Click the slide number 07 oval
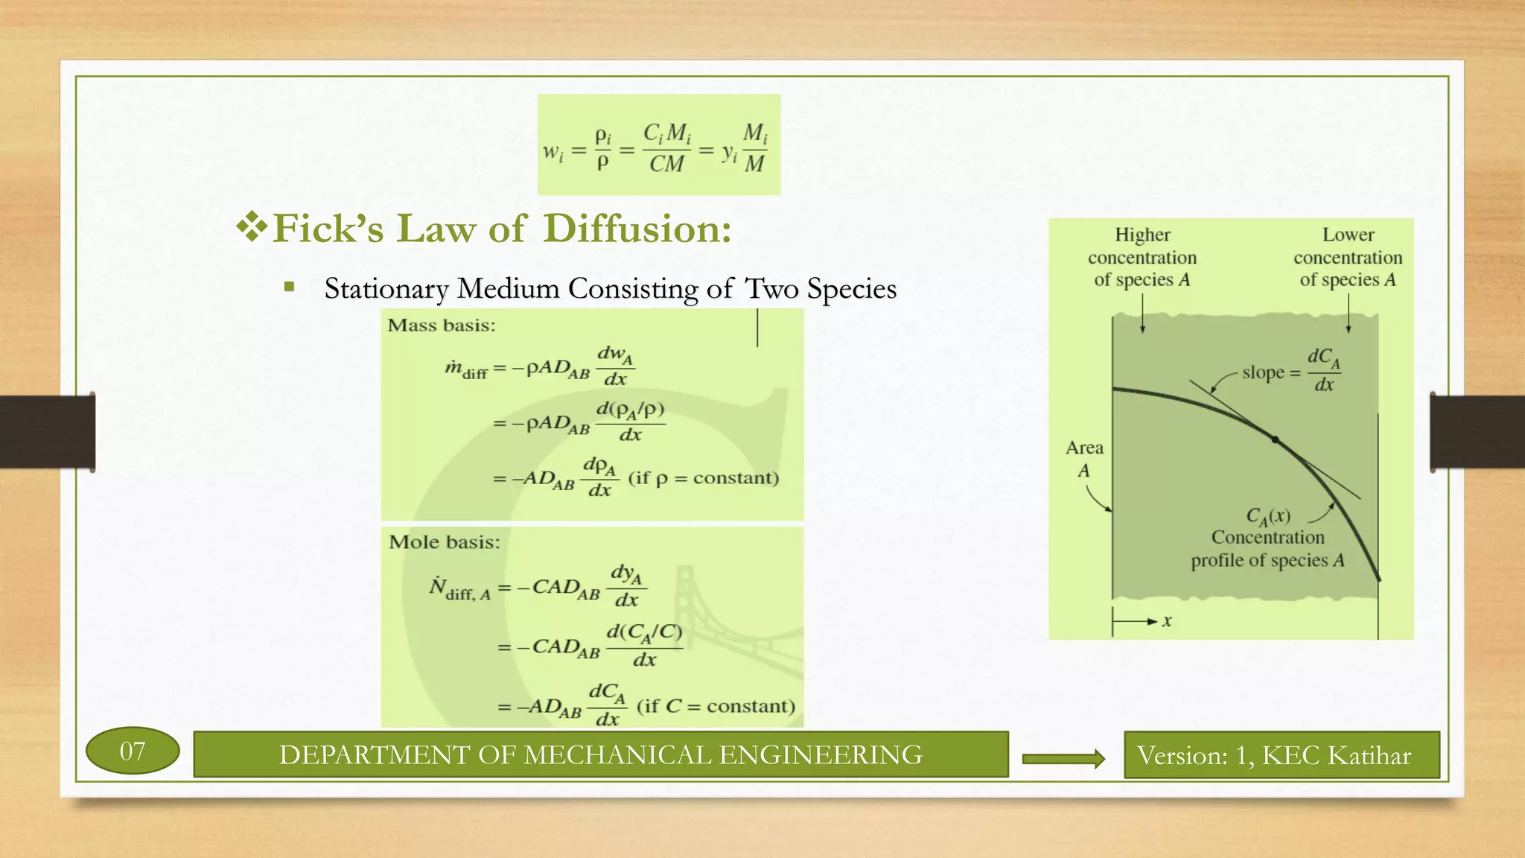[133, 751]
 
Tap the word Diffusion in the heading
[637, 229]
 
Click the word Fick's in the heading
[328, 229]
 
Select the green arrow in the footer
[1063, 758]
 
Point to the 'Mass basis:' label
[442, 325]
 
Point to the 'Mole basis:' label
[444, 542]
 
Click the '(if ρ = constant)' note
[704, 477]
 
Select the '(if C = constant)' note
[716, 706]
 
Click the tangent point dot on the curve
[1275, 440]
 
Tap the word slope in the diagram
[1263, 372]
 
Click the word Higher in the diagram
[1142, 235]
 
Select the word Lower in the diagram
[1348, 235]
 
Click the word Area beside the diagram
[1084, 448]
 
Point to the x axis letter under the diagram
[1167, 620]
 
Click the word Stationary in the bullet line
[386, 289]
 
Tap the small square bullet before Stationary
[289, 287]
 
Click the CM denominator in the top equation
[666, 164]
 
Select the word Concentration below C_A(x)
[1267, 537]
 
